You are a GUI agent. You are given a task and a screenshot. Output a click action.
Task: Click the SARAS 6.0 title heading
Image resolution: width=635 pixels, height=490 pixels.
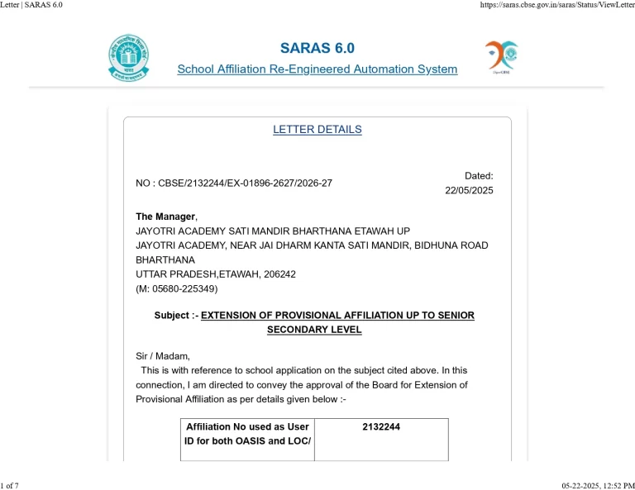[317, 48]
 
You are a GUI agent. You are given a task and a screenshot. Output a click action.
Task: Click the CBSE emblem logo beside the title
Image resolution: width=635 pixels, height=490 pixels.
[129, 57]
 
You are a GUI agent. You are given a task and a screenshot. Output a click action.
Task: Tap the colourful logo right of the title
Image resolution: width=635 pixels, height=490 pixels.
[502, 56]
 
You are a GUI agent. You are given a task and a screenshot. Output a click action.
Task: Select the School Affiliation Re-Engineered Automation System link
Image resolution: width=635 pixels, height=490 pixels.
[317, 69]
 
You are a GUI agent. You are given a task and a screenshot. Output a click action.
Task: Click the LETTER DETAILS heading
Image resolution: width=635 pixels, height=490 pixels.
[317, 130]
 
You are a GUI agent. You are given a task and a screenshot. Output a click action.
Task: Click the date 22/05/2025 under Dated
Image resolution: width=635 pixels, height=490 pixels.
[469, 190]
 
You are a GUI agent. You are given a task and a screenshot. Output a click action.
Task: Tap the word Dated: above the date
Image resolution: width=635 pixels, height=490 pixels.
[479, 175]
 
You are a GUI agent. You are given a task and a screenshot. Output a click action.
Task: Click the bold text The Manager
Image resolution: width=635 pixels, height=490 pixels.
[165, 216]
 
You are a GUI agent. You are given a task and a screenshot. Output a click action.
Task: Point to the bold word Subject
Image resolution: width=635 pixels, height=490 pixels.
[173, 316]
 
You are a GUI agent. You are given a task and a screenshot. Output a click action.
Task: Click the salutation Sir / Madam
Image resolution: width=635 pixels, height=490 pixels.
[163, 356]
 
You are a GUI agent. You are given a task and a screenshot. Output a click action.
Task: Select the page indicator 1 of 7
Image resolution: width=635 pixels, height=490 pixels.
[10, 485]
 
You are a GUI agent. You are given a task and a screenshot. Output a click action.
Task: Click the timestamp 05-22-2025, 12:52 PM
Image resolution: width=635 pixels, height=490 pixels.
[598, 485]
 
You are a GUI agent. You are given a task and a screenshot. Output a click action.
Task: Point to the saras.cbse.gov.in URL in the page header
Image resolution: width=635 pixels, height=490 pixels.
[556, 5]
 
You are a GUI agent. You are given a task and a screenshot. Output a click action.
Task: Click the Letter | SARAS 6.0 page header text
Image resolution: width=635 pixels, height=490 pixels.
[31, 5]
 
